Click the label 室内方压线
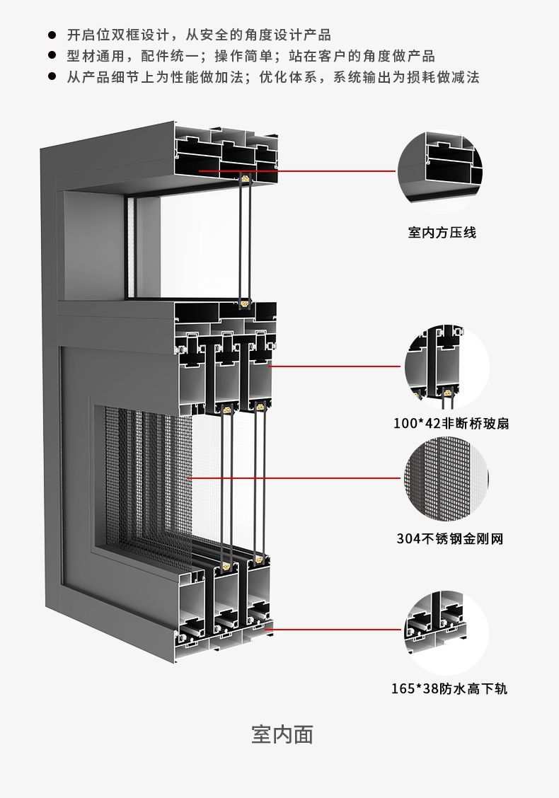(442, 233)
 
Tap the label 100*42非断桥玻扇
(451, 424)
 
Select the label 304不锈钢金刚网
(449, 539)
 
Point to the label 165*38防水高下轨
(449, 688)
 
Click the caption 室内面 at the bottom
(282, 734)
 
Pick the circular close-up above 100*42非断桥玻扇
(446, 367)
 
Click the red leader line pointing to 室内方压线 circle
(318, 171)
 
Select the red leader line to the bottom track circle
(333, 629)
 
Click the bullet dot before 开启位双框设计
(51, 35)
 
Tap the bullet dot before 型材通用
(51, 56)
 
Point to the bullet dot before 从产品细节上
(51, 77)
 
